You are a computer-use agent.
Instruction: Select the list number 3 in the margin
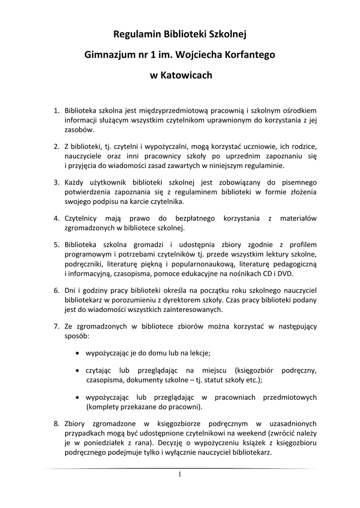point(56,182)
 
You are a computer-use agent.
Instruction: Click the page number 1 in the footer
point(180,474)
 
